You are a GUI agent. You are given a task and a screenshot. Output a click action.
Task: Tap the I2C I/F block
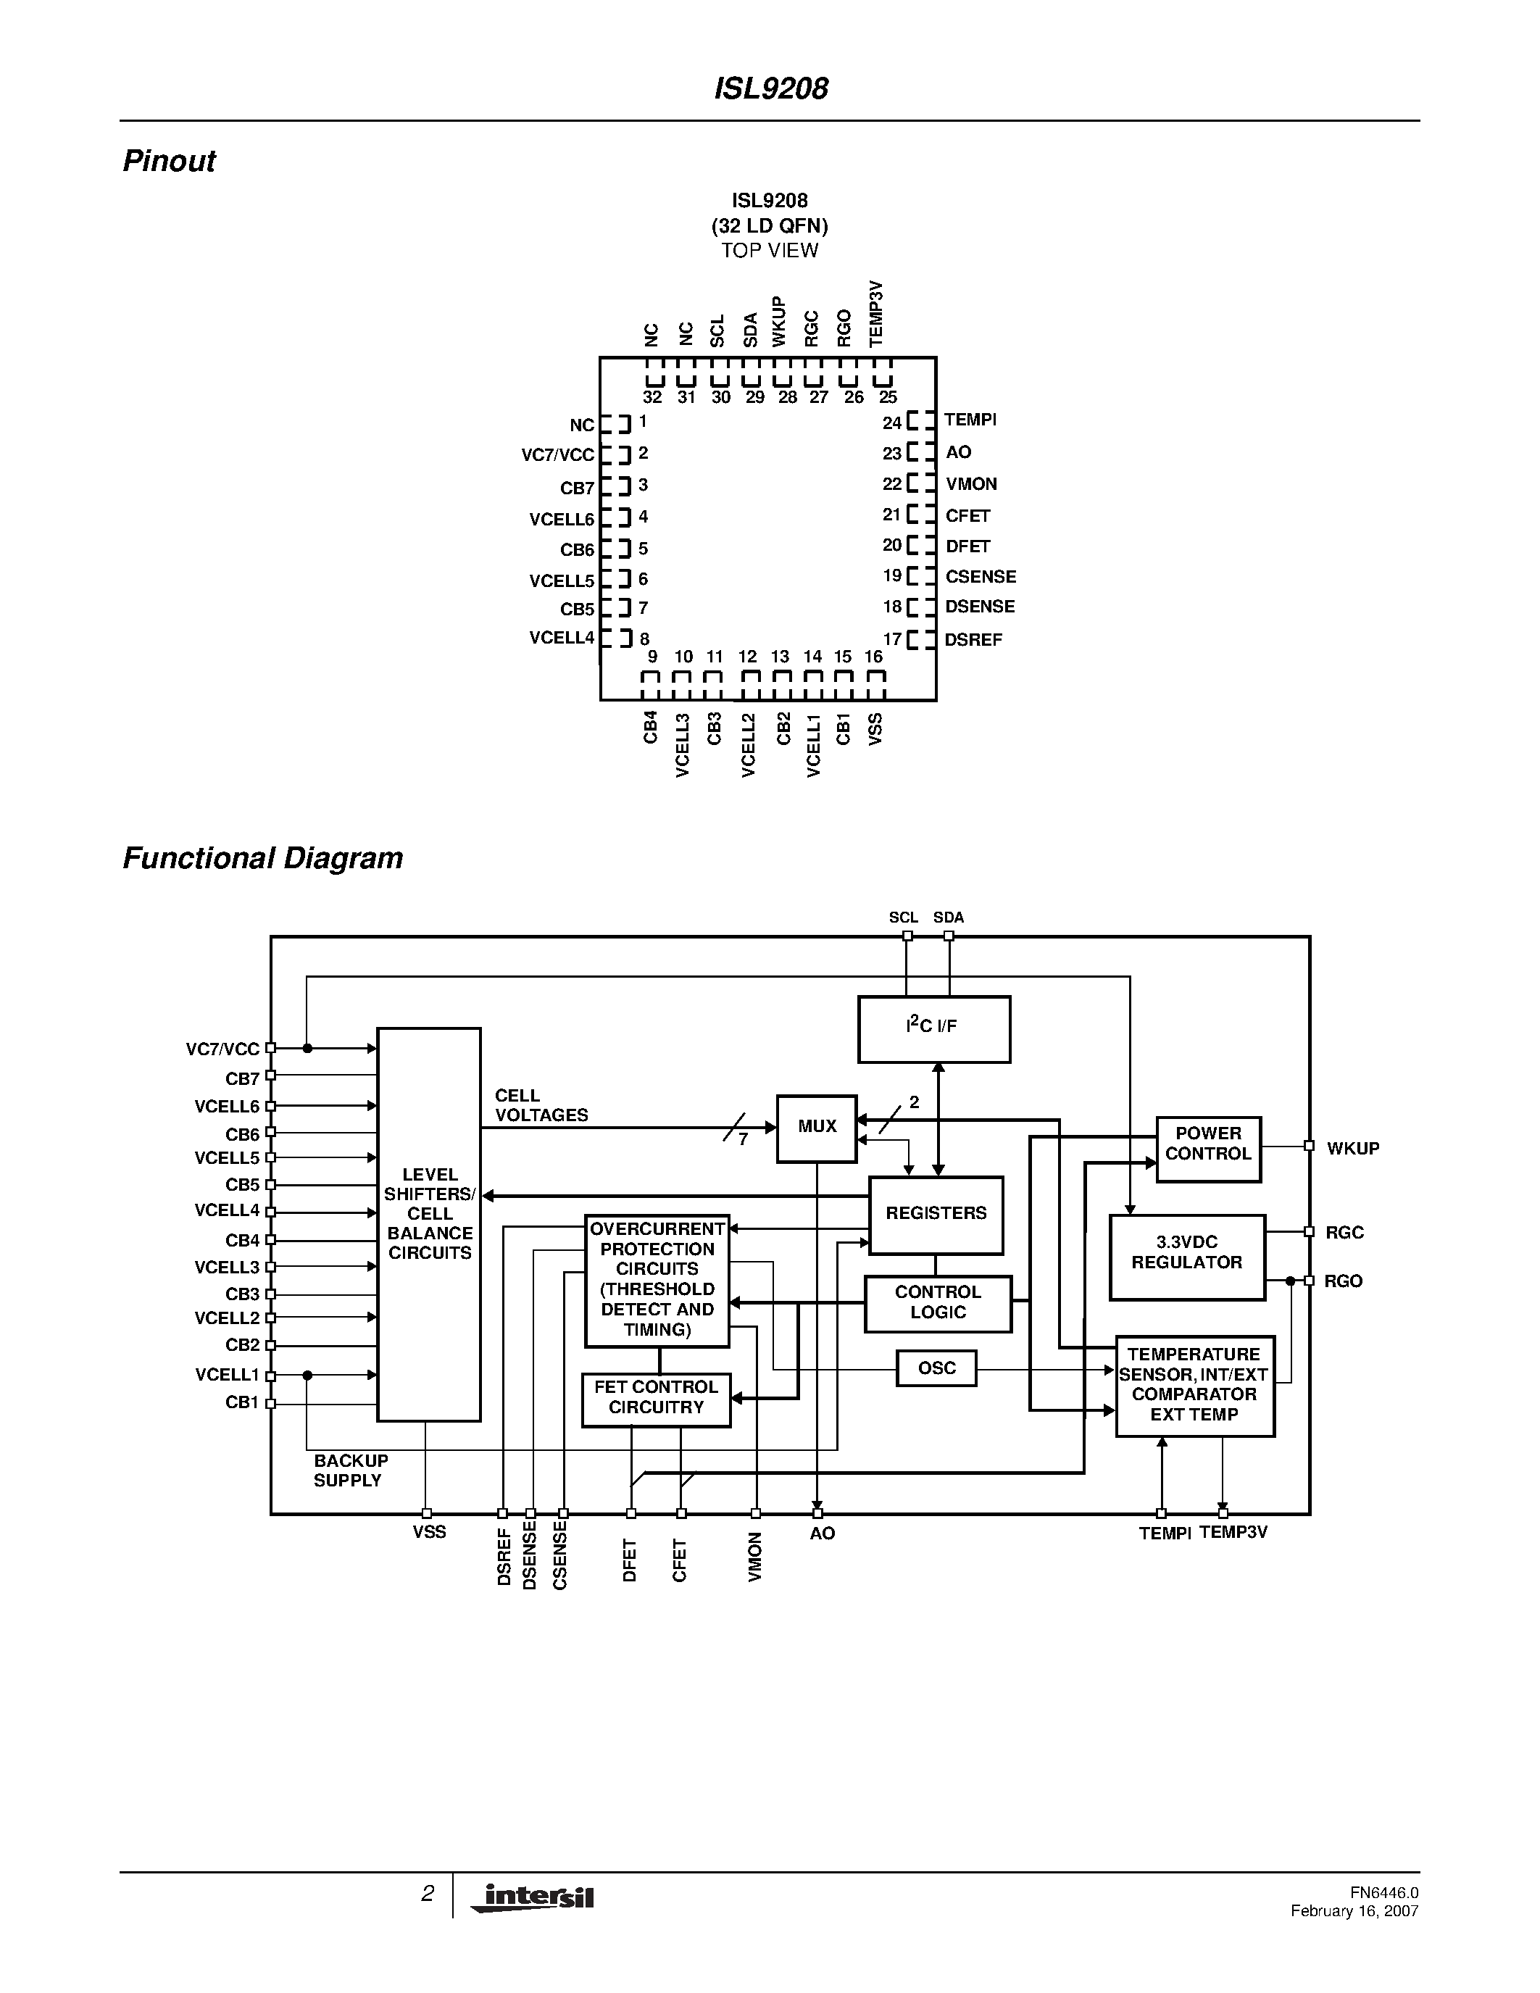(x=933, y=1028)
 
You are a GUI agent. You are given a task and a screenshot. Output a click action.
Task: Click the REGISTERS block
(x=936, y=1215)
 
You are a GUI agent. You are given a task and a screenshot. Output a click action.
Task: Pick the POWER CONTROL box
(x=1208, y=1149)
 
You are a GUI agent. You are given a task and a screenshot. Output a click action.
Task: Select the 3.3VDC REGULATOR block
(x=1186, y=1257)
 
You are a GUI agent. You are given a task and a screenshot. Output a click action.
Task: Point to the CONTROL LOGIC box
(x=938, y=1303)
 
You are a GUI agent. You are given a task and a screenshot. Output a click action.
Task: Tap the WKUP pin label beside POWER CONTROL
(x=1352, y=1148)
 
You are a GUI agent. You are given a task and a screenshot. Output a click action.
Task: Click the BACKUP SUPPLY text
(x=350, y=1470)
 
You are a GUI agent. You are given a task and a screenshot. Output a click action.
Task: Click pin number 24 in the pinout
(x=891, y=423)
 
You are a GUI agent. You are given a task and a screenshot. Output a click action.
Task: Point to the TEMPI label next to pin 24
(x=970, y=420)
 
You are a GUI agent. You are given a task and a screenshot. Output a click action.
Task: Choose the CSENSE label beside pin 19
(x=980, y=577)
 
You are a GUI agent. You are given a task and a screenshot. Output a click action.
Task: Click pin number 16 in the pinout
(x=873, y=657)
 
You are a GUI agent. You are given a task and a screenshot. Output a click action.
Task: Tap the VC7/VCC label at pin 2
(x=557, y=454)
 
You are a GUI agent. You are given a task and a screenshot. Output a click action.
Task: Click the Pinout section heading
(x=169, y=162)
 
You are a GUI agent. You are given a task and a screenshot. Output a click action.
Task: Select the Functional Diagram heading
(x=263, y=859)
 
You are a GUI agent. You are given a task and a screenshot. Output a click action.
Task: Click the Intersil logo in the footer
(x=533, y=1897)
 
